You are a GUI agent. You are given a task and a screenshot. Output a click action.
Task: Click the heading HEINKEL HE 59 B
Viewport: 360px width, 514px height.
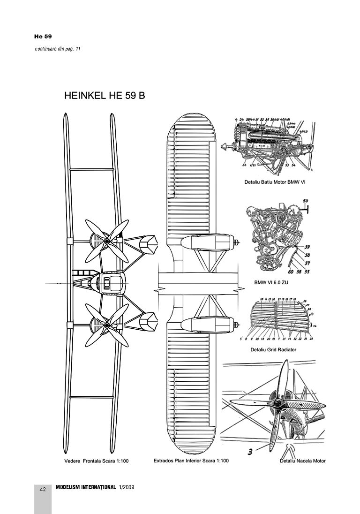(104, 96)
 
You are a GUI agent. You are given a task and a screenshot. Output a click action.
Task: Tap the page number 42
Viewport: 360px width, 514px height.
(43, 490)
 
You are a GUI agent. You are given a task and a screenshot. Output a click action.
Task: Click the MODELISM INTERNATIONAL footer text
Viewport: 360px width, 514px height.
(85, 488)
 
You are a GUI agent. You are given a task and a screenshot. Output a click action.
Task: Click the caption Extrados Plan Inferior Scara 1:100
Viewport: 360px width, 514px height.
(191, 461)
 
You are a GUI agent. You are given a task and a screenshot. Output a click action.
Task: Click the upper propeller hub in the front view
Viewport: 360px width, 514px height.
(107, 242)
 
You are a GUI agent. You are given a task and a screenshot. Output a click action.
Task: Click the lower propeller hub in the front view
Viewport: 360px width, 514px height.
(107, 325)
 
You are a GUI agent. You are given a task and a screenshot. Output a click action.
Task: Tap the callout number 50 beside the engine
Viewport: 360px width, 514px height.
(305, 201)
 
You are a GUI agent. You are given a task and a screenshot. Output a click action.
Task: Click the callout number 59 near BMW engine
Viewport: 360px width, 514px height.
(307, 247)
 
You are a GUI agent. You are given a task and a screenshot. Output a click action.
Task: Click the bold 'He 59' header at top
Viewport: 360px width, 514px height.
(43, 36)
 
